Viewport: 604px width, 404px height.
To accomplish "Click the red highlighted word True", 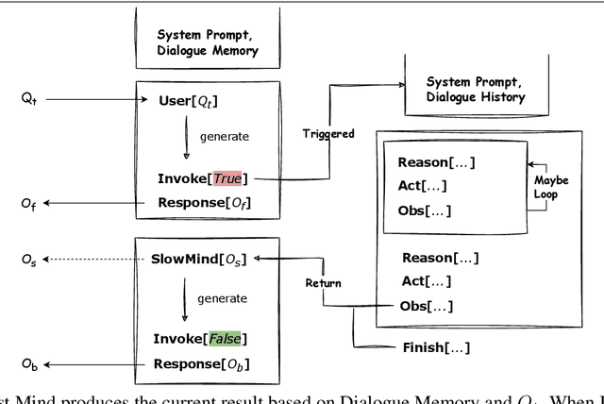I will (x=226, y=178).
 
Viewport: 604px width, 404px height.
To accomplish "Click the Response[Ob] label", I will (x=202, y=363).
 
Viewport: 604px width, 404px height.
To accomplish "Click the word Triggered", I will (x=328, y=134).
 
